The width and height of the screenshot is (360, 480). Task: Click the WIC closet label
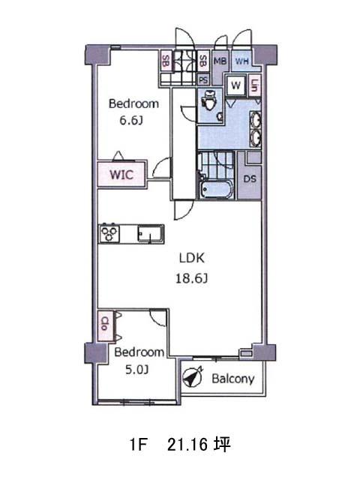point(121,175)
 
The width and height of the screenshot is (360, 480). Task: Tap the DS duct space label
point(250,178)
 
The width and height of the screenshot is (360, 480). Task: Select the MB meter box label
point(220,61)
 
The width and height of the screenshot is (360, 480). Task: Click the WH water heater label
point(241,61)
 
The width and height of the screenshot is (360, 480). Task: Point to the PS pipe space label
point(203,80)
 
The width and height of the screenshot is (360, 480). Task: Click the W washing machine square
point(235,85)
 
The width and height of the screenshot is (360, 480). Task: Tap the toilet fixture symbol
point(210,100)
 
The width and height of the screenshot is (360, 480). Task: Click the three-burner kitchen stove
point(109,234)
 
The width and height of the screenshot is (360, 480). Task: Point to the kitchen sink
point(150,234)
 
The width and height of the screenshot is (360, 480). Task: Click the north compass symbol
point(193,376)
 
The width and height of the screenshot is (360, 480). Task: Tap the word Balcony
point(233,379)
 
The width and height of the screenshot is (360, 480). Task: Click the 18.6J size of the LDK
point(192,278)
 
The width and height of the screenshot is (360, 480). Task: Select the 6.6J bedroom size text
point(131,120)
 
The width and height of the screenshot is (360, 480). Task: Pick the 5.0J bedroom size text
point(136,370)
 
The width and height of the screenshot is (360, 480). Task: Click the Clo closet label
point(105,323)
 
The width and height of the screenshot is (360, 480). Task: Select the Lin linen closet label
point(254,85)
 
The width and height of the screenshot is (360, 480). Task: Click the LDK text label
point(192,258)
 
